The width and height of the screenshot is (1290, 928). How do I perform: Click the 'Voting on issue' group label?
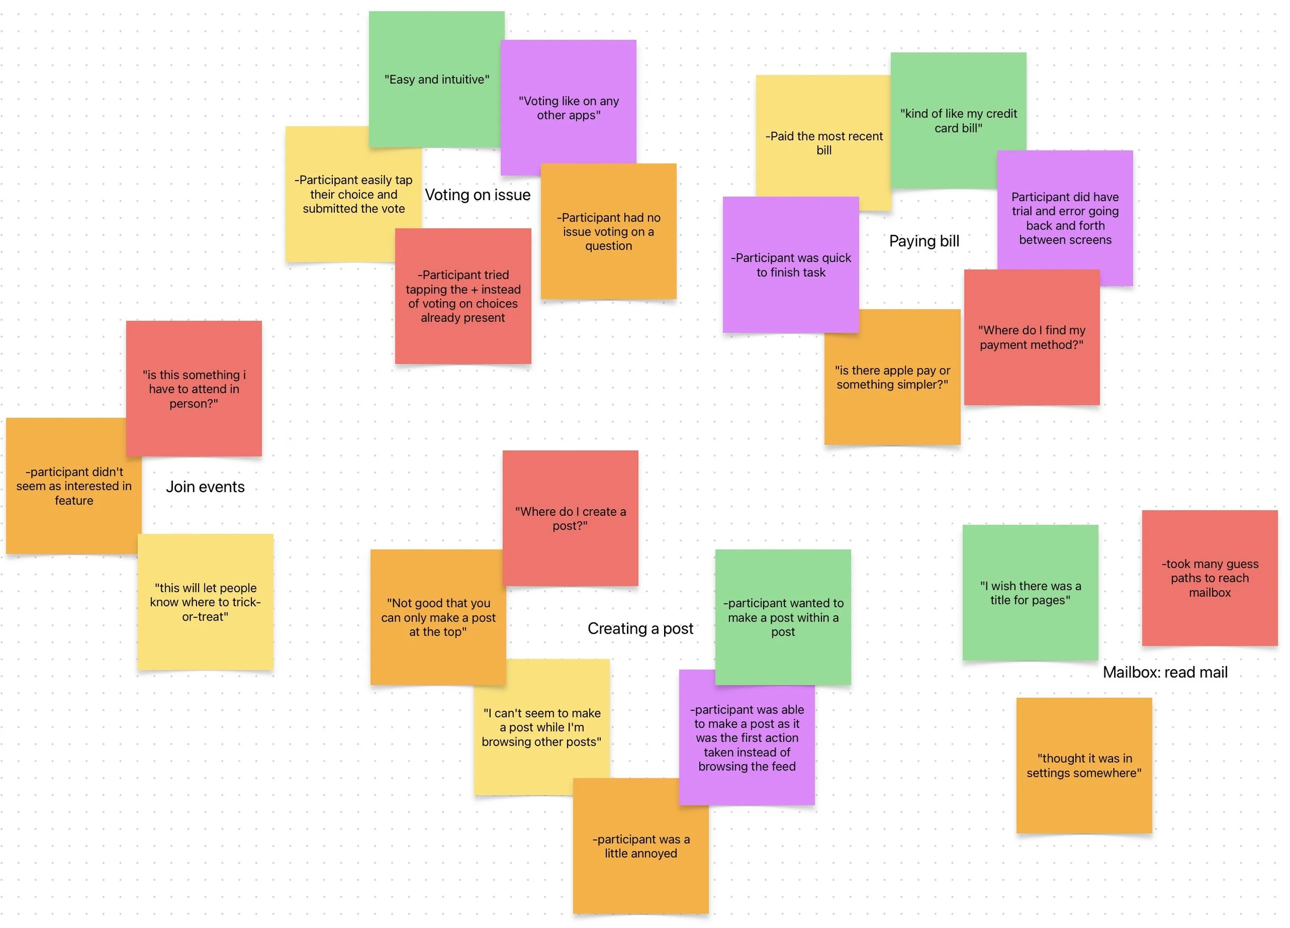pyautogui.click(x=477, y=195)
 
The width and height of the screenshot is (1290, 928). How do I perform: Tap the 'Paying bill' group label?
pyautogui.click(x=924, y=241)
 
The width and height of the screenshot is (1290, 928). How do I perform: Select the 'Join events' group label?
pyautogui.click(x=205, y=487)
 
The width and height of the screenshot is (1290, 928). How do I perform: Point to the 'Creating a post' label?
pyautogui.click(x=640, y=628)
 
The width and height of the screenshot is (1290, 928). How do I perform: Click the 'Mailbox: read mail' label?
pyautogui.click(x=1165, y=672)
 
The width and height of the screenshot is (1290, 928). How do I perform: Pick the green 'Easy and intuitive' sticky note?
pyautogui.click(x=436, y=79)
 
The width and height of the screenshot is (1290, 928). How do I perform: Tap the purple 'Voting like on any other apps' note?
pyautogui.click(x=568, y=107)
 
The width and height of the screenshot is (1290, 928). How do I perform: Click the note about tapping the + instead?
pyautogui.click(x=462, y=296)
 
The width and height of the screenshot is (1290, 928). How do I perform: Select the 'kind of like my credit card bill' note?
pyautogui.click(x=958, y=121)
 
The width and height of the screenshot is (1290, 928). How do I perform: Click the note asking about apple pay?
pyautogui.click(x=892, y=377)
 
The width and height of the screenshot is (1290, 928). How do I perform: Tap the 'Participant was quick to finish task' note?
pyautogui.click(x=790, y=265)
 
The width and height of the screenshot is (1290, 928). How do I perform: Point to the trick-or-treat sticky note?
pyautogui.click(x=205, y=601)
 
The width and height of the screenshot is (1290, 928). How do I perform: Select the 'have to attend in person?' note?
pyautogui.click(x=193, y=389)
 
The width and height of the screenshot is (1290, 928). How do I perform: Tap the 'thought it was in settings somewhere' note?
pyautogui.click(x=1084, y=765)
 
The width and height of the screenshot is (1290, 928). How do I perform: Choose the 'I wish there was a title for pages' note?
pyautogui.click(x=1029, y=593)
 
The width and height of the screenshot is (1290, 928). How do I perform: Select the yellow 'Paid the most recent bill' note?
pyautogui.click(x=823, y=143)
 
